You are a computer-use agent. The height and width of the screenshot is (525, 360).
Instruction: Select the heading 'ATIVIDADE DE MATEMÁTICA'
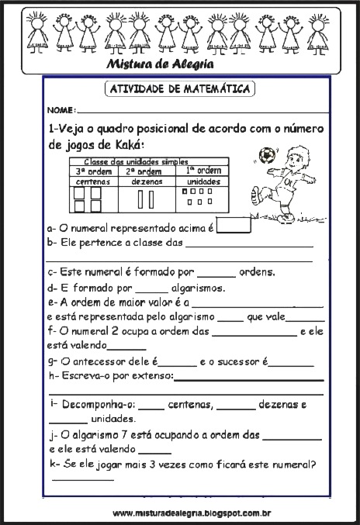pyautogui.click(x=178, y=89)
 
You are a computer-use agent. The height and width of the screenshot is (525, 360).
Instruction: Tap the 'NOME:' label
pyautogui.click(x=61, y=111)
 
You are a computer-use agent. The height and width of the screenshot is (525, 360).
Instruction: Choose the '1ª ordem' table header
pyautogui.click(x=203, y=170)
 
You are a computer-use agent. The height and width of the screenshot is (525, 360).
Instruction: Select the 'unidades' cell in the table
pyautogui.click(x=203, y=181)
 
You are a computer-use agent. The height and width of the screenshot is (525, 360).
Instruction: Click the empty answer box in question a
pyautogui.click(x=234, y=226)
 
